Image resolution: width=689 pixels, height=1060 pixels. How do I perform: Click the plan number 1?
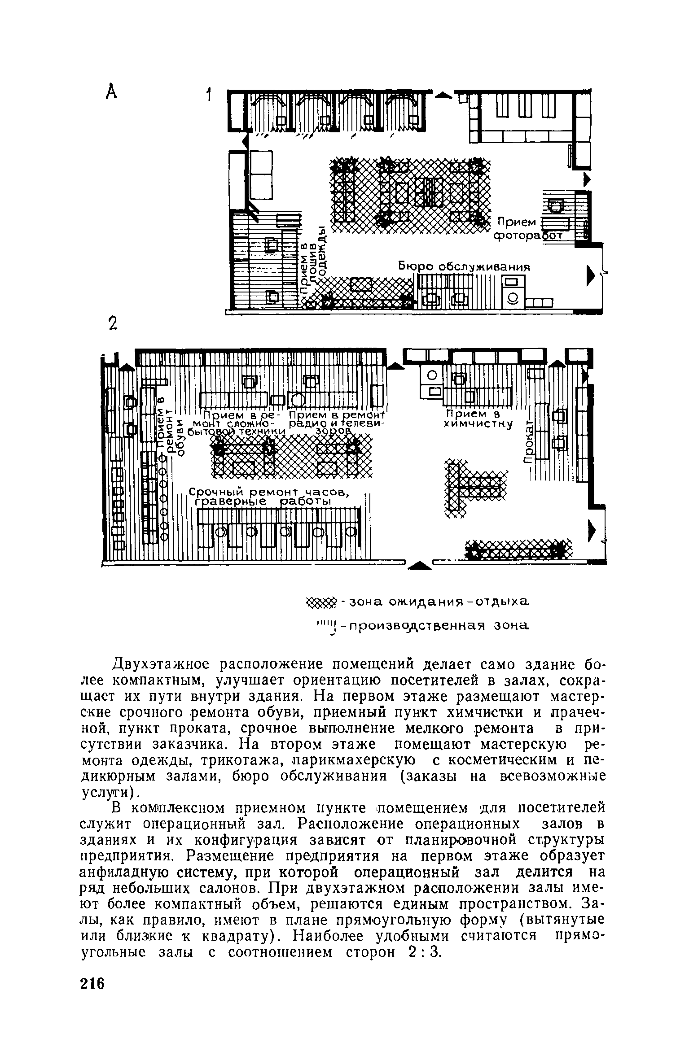pyautogui.click(x=208, y=96)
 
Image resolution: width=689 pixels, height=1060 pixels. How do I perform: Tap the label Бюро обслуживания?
pyautogui.click(x=465, y=266)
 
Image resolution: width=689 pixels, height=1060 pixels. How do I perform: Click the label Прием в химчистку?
pyautogui.click(x=478, y=418)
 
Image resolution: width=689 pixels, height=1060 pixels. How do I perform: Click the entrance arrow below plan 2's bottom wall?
pyautogui.click(x=419, y=566)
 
